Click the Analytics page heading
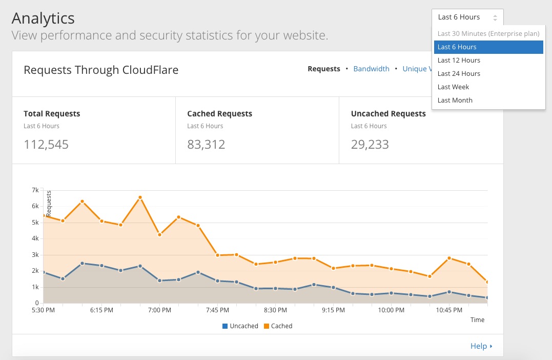(43, 18)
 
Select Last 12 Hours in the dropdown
(459, 60)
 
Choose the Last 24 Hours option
(459, 73)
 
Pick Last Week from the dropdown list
(453, 87)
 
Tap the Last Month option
(455, 100)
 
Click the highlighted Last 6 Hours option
(457, 47)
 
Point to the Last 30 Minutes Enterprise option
(488, 33)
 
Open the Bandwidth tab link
(371, 69)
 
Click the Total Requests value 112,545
(46, 145)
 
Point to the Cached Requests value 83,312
(206, 145)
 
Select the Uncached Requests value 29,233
(370, 145)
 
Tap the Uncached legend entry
(240, 326)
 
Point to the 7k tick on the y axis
(35, 190)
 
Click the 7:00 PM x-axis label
(159, 310)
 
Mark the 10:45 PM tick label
(449, 310)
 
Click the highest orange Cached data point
(140, 197)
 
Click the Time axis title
(477, 319)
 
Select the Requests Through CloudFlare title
(101, 70)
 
